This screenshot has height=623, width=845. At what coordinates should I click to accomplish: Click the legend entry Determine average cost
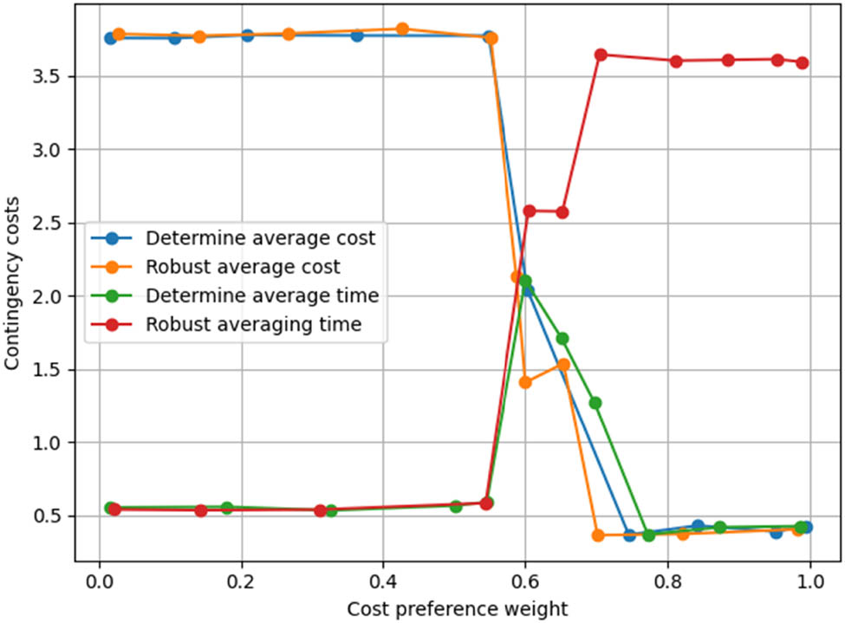260,238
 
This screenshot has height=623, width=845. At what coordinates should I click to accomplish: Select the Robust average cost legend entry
243,267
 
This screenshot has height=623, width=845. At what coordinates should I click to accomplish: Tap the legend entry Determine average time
262,295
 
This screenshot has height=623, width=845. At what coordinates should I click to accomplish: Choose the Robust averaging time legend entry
253,325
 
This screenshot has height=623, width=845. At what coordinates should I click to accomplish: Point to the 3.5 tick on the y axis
53,77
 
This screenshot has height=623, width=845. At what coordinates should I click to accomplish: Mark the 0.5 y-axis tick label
53,516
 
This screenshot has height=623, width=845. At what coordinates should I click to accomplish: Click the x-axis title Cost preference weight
458,608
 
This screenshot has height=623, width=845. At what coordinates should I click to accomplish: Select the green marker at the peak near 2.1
524,281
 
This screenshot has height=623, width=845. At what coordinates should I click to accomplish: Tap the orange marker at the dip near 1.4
525,382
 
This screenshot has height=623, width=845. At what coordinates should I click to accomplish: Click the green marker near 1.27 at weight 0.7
595,403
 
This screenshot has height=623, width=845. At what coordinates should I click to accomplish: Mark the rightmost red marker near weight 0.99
803,62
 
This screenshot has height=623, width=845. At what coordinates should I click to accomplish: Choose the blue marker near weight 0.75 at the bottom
630,535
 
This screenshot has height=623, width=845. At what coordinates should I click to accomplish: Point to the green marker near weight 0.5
456,506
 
